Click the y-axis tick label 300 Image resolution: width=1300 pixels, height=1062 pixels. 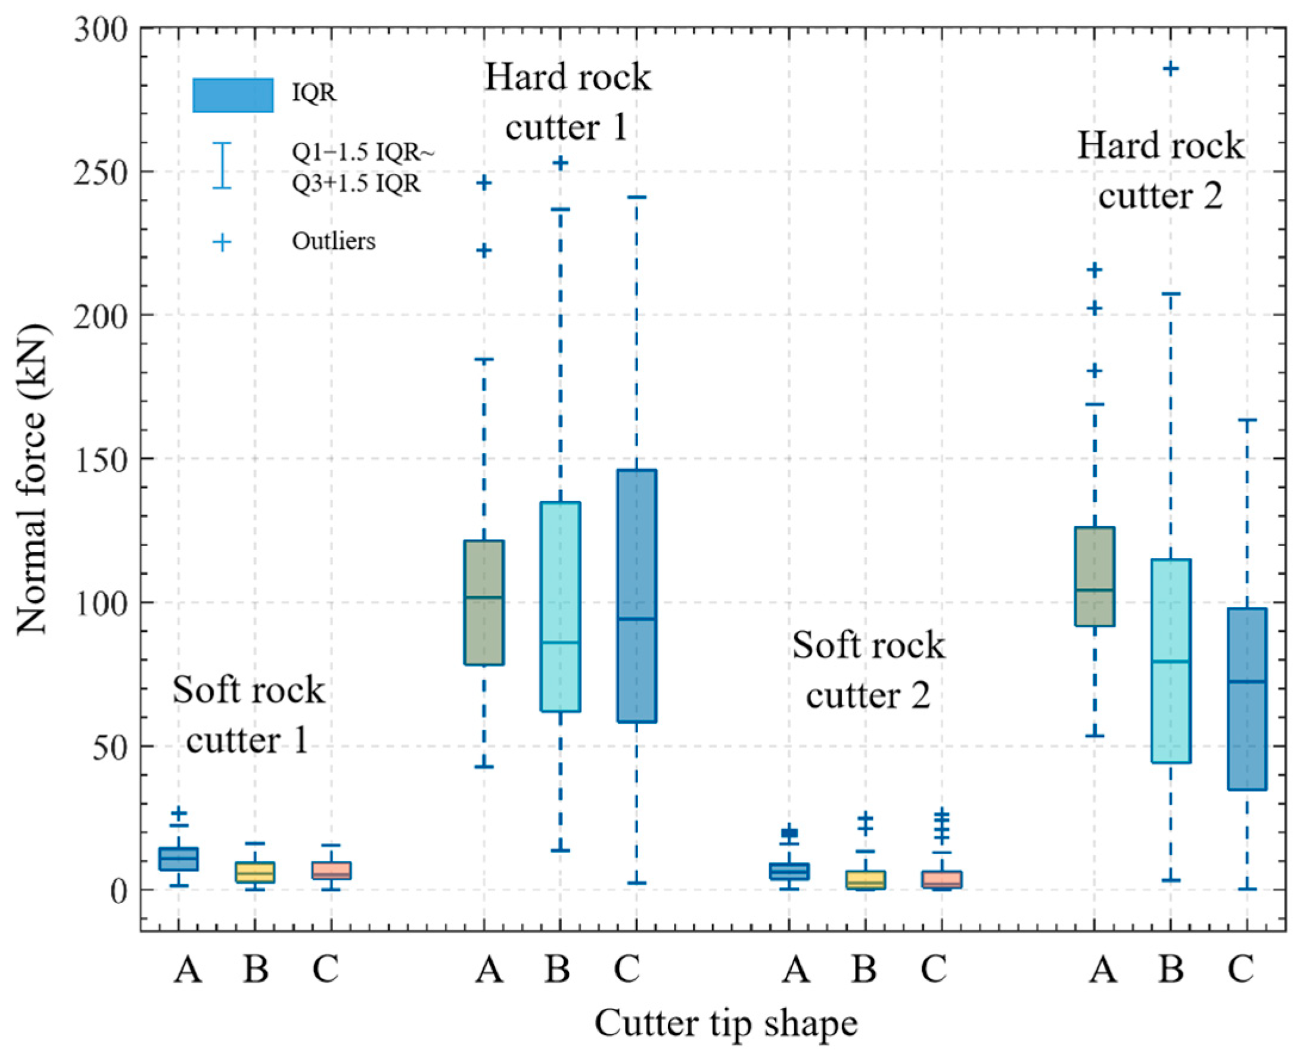[100, 29]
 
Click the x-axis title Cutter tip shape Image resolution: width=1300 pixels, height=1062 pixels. [726, 1023]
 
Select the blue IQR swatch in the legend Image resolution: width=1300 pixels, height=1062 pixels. [232, 95]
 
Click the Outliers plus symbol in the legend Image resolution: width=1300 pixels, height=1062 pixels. [222, 242]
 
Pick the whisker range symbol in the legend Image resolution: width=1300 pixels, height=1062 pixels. [222, 165]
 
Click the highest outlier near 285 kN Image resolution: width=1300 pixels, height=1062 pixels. [1170, 69]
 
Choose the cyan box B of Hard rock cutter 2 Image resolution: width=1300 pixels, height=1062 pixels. [1170, 661]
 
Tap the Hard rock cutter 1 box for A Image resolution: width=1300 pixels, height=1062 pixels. [484, 602]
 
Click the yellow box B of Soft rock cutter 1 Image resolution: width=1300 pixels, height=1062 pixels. [255, 872]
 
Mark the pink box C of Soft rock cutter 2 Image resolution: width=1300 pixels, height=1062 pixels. [941, 879]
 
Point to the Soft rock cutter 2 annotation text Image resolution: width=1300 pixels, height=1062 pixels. [868, 671]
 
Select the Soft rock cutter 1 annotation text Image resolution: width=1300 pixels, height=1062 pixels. [248, 715]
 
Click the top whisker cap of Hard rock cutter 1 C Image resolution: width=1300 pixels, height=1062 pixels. [636, 197]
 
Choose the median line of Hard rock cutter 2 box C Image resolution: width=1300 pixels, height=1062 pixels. [1247, 681]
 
